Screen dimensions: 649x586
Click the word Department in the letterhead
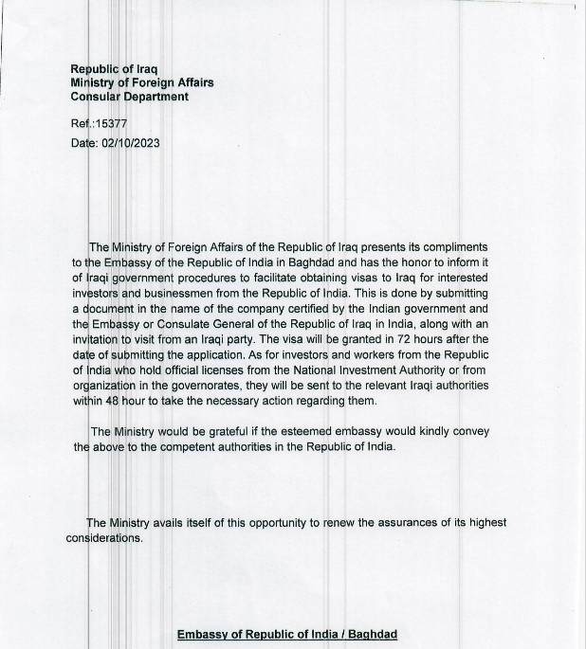[153, 97]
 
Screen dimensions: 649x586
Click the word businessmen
[171, 293]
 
